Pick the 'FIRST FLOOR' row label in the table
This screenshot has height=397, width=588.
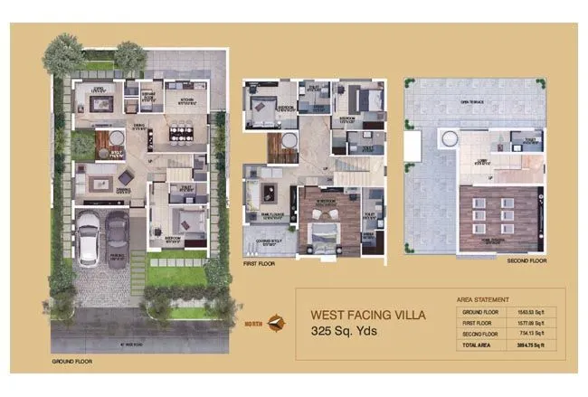(479, 322)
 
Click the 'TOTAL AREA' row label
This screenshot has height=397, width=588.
(479, 345)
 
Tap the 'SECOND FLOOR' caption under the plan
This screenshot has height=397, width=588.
(526, 260)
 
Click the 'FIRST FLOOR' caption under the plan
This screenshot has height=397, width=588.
(259, 266)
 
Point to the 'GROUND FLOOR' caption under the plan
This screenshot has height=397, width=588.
(71, 361)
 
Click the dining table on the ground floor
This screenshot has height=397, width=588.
(181, 135)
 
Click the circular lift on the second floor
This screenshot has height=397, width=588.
(447, 138)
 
